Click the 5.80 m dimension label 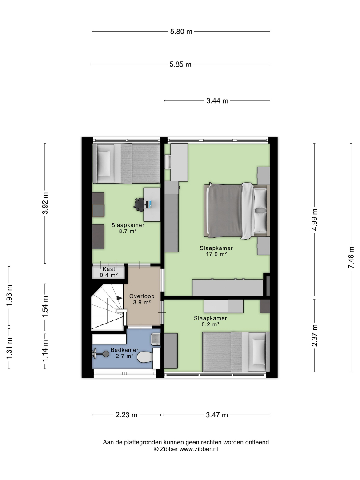coord(181,32)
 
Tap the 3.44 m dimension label coord(217,101)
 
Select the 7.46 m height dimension coord(351,257)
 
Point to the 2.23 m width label coord(126,415)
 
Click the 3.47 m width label coord(217,415)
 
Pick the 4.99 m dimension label coord(314,220)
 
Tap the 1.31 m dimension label coord(9,349)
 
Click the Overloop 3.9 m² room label coord(142,300)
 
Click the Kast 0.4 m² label coord(109,272)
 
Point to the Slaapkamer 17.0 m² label coord(216,251)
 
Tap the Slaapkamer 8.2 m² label coord(210,321)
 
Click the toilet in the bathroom coord(145,357)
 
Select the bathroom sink coord(156,339)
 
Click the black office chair coord(139,204)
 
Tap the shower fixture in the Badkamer coord(101,354)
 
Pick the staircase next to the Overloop coord(108,307)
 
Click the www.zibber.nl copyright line coord(186,449)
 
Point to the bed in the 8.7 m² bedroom coord(126,164)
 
